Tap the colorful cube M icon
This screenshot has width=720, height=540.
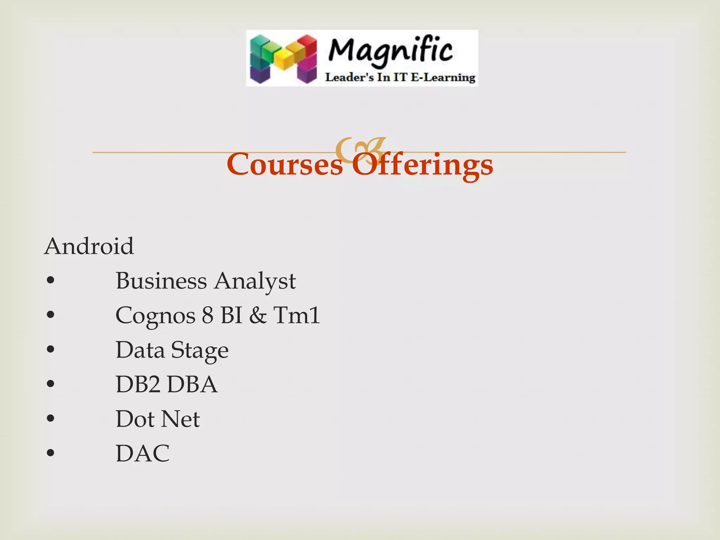point(283,59)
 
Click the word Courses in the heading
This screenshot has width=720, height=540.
point(285,165)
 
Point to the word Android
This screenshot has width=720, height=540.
point(89,246)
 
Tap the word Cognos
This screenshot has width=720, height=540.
point(155,315)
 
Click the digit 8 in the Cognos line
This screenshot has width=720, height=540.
point(208,315)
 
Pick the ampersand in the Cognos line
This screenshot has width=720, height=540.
point(258,315)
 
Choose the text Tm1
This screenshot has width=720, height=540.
point(297,315)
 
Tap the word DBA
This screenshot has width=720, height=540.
point(192,384)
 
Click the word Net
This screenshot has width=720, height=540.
point(181,419)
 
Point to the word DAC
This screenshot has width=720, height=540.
point(143,453)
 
